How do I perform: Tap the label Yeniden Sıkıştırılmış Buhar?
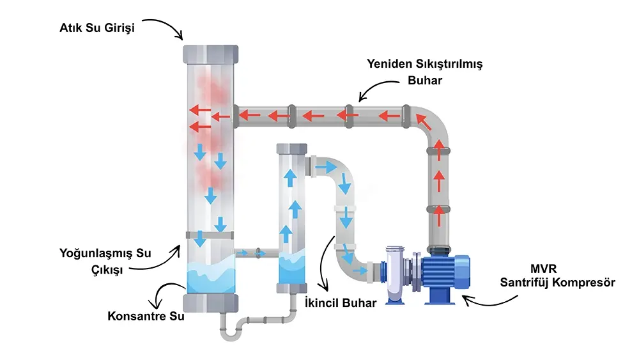click(424, 72)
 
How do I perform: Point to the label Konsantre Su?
click(146, 316)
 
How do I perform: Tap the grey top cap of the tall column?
click(210, 54)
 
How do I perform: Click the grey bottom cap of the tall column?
click(210, 302)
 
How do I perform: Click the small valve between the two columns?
click(258, 253)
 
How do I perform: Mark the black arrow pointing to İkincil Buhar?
click(326, 262)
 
